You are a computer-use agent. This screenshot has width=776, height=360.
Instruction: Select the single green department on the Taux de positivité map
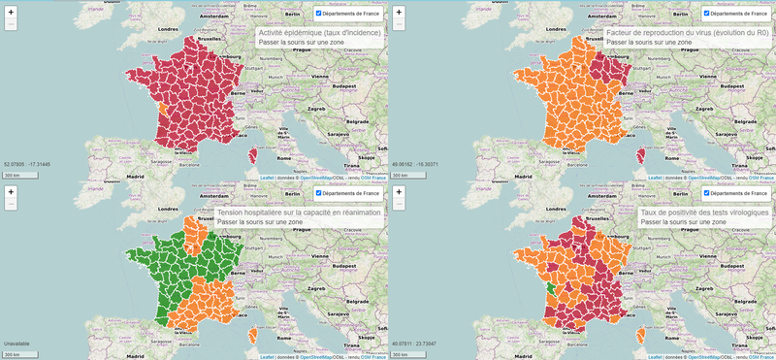click(550, 289)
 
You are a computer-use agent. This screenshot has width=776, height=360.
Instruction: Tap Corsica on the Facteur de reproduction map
click(640, 156)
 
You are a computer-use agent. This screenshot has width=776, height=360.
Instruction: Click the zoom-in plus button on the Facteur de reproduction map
click(399, 13)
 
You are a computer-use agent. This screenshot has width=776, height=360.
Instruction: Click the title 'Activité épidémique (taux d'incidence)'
click(319, 33)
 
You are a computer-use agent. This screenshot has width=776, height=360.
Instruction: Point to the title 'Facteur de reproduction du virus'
click(686, 33)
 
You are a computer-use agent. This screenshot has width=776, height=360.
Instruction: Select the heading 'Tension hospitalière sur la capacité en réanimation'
click(299, 212)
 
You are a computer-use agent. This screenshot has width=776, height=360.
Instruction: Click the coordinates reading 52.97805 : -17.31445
click(27, 165)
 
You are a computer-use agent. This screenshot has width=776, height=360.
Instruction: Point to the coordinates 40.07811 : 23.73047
click(416, 344)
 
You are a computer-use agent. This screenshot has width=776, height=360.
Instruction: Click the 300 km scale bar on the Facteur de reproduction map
click(407, 175)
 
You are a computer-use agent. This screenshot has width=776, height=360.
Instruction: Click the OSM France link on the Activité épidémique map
click(373, 178)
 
